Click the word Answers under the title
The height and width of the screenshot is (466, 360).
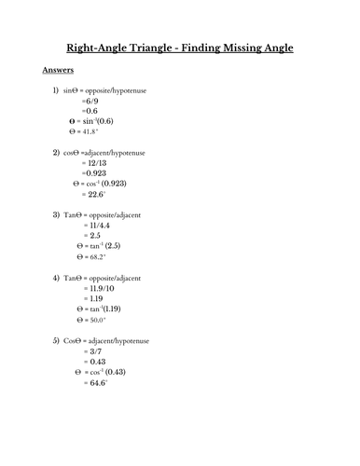(60, 70)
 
